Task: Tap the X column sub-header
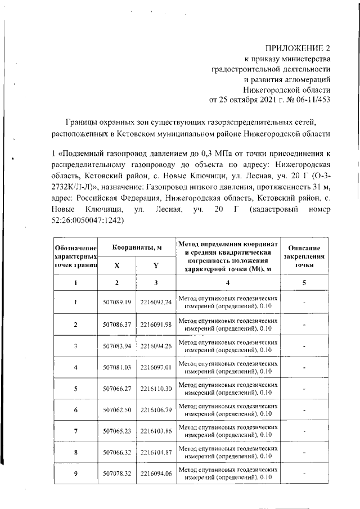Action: pyautogui.click(x=117, y=265)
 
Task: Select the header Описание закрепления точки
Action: pyautogui.click(x=304, y=256)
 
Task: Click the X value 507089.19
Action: pyautogui.click(x=117, y=302)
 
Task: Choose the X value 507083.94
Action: pyautogui.click(x=117, y=347)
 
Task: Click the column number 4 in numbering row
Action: pyautogui.click(x=228, y=283)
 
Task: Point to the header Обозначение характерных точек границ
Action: pyautogui.click(x=75, y=256)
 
